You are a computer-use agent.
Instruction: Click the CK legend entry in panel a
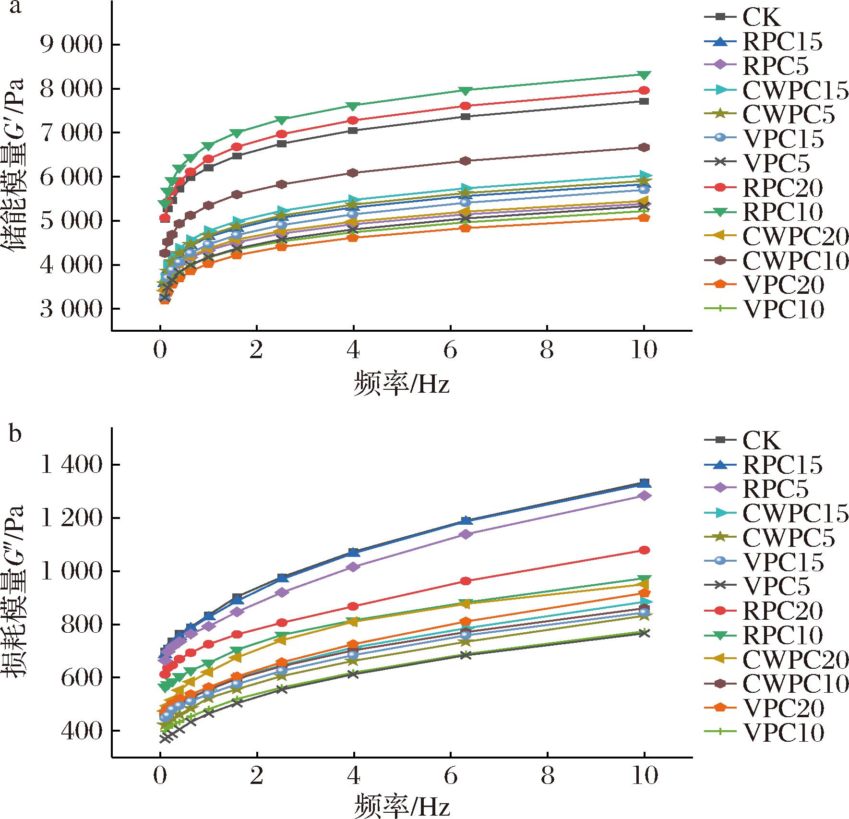761,17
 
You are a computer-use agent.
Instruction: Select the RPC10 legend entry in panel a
782,212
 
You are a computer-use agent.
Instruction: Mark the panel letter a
15,8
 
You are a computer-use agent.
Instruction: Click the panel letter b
15,434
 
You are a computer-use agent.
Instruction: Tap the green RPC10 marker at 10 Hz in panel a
644,75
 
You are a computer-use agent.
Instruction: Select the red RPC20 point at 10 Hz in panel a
644,90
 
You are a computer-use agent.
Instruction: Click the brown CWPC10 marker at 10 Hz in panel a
644,147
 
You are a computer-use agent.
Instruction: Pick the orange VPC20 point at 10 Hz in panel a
644,218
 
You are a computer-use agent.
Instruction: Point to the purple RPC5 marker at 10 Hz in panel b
644,495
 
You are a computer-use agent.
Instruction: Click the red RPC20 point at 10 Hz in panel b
644,550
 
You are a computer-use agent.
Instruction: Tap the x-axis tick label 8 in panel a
547,351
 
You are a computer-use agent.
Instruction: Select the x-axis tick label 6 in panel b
450,776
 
